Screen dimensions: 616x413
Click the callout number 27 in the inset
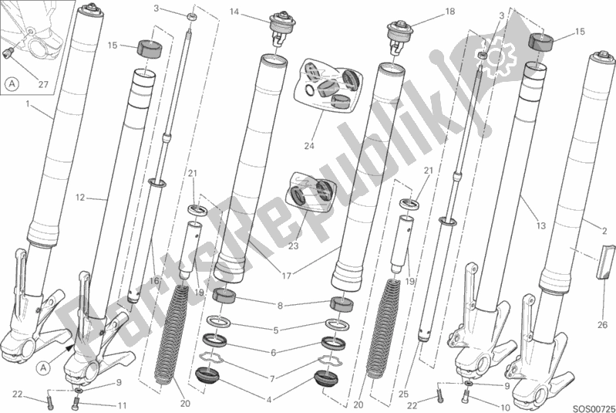tap(43, 84)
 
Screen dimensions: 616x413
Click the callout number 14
tap(234, 12)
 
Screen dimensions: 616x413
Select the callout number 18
tap(449, 12)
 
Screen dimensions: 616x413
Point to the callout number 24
tap(309, 146)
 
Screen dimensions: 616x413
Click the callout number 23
tap(294, 246)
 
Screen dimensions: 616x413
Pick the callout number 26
tap(603, 325)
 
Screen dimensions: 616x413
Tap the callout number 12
tap(80, 198)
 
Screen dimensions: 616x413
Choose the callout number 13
tap(541, 225)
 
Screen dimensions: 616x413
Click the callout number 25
tap(403, 394)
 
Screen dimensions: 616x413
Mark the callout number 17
tap(286, 276)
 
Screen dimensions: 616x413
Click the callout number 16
tap(154, 281)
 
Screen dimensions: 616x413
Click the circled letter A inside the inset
tap(13, 84)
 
